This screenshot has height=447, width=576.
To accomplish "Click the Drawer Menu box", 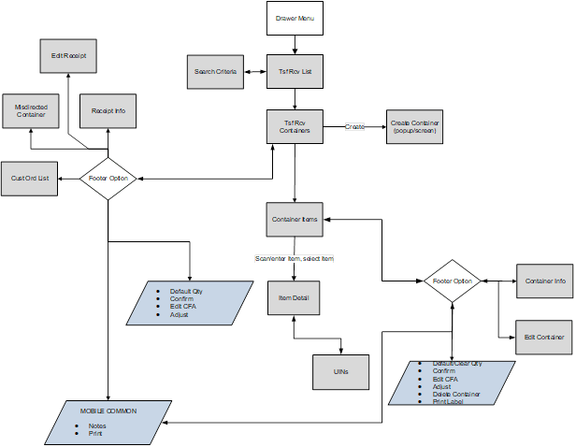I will pos(295,19).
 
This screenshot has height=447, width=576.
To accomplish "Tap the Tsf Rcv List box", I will pos(295,71).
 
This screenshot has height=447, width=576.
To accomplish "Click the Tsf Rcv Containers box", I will pos(295,126).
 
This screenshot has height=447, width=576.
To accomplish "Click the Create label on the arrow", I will pos(354,126).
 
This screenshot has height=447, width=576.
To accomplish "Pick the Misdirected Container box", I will pos(31,111).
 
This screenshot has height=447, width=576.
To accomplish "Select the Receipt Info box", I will pos(108,111).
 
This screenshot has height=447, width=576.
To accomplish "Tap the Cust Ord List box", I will pos(30,178).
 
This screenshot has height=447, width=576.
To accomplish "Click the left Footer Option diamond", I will pos(108,178).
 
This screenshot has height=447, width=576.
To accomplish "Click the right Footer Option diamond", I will pos(453,281).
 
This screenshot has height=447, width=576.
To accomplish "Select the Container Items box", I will pos(295,219).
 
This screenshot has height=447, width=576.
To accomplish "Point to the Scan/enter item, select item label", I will pos(295,258).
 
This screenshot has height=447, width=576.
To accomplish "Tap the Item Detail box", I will pos(295,297).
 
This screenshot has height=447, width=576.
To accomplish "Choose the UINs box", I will pos(340,371).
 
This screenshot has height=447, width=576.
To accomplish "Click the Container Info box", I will pos(544,281).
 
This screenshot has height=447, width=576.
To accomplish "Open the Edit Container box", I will pos(544,337).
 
